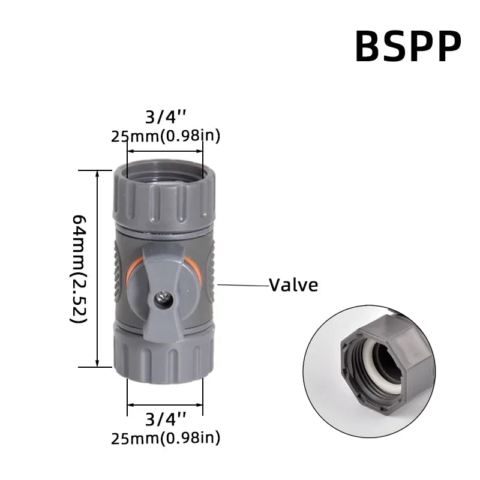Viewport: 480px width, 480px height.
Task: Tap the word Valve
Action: coord(293,284)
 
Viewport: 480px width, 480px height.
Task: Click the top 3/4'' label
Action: coord(166,115)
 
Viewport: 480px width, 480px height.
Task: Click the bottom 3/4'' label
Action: coord(166,419)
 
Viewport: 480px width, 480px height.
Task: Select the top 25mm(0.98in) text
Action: coord(166,136)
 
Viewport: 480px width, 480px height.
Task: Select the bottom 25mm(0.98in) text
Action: coord(166,439)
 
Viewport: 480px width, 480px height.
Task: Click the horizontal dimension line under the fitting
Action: coord(165,406)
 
